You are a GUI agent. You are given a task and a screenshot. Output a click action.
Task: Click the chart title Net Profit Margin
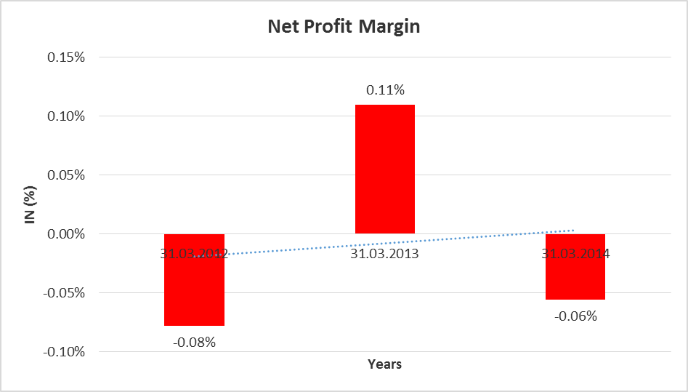[x=344, y=27]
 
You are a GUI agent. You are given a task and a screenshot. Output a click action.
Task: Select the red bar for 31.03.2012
[x=194, y=291]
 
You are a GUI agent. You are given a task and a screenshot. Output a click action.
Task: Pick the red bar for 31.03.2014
[x=575, y=276]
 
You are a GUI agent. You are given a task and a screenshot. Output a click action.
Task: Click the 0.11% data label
[x=384, y=90]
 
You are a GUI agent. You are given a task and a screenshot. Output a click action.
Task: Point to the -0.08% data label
[x=194, y=341]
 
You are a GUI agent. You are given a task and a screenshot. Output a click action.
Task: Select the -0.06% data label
[x=575, y=316]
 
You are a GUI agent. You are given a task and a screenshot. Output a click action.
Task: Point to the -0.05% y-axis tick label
[x=66, y=293]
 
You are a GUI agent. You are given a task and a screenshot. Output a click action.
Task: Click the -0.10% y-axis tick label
[x=66, y=352]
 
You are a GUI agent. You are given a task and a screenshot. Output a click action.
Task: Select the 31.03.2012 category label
[x=194, y=254]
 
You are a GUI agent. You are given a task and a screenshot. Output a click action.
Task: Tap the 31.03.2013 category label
[x=384, y=254]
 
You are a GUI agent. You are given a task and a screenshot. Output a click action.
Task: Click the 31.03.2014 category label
[x=575, y=254]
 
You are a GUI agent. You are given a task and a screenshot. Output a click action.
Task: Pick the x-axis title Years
[x=384, y=364]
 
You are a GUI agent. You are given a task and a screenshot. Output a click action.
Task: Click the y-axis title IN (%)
[x=31, y=204]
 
